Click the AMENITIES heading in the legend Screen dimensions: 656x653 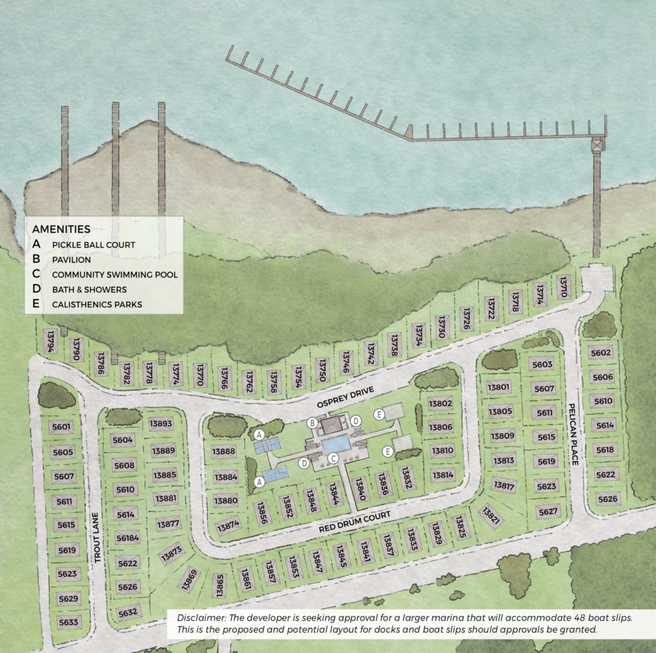[61, 229]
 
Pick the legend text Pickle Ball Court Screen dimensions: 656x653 [94, 245]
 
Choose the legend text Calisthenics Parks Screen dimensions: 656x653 [97, 304]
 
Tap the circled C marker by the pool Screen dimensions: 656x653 [332, 458]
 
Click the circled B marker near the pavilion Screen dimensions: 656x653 [313, 423]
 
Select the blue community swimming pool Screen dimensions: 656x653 [336, 443]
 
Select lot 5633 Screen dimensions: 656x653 [68, 622]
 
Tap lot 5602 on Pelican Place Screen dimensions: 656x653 [601, 353]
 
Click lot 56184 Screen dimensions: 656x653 [127, 538]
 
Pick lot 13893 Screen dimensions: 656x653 [161, 423]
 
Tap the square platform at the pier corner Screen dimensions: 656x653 [598, 144]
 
